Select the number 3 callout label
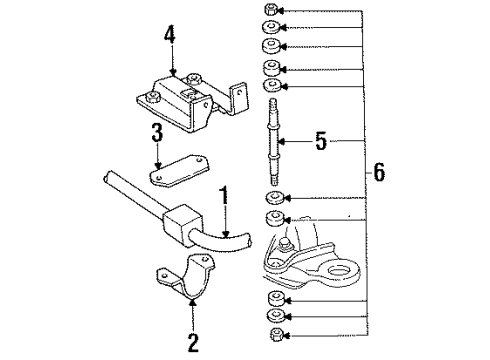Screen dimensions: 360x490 pyautogui.click(x=157, y=134)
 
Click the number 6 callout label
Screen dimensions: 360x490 pyautogui.click(x=379, y=171)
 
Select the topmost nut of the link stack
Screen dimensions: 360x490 pyautogui.click(x=271, y=10)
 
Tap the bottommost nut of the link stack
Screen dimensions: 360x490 pyautogui.click(x=272, y=334)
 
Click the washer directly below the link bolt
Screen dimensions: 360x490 pyautogui.click(x=272, y=199)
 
